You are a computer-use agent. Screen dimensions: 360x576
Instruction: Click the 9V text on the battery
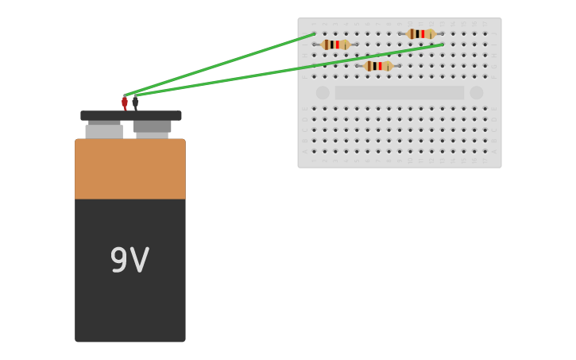click(x=130, y=261)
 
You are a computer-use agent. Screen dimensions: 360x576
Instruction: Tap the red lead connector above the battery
click(x=125, y=103)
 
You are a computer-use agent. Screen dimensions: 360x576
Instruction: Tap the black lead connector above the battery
click(x=135, y=103)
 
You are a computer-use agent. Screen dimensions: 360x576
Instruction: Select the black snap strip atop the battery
click(x=131, y=115)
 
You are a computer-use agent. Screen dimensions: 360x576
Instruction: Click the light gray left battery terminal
click(x=104, y=131)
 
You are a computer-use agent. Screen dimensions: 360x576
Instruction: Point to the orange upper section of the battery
click(x=130, y=169)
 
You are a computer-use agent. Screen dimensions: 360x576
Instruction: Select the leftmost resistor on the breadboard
click(x=335, y=45)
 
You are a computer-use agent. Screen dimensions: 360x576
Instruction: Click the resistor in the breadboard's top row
click(x=420, y=34)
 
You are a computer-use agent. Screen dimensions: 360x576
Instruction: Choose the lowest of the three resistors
click(x=378, y=66)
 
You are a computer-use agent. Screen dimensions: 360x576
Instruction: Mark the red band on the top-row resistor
click(x=423, y=34)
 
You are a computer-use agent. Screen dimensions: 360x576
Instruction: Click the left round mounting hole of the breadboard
click(x=323, y=92)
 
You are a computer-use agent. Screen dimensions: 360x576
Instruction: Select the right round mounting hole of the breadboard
click(x=477, y=92)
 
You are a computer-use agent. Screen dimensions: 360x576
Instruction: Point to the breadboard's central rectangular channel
click(x=400, y=92)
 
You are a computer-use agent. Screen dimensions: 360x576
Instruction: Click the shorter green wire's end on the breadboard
click(x=314, y=34)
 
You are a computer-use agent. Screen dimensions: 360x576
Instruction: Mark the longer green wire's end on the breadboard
click(x=443, y=45)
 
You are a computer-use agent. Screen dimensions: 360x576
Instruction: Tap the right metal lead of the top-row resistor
click(x=439, y=34)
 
